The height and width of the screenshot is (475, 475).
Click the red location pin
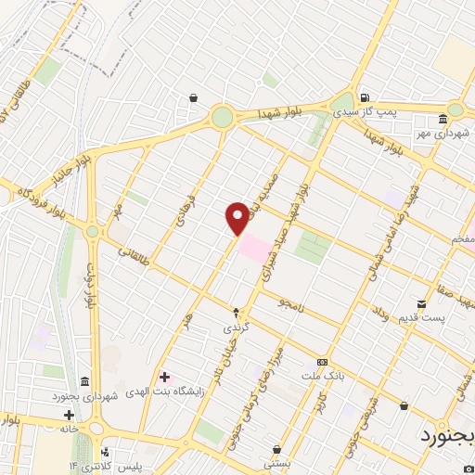(237, 217)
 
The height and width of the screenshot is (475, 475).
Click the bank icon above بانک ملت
(323, 362)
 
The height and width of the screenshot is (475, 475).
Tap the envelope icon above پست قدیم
(422, 303)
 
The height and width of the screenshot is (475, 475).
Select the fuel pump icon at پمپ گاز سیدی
(365, 97)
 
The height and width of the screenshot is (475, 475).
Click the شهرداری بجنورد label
(83, 396)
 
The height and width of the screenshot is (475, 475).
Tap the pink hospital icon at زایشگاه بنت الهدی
(164, 377)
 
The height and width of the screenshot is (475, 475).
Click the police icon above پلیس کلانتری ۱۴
(103, 453)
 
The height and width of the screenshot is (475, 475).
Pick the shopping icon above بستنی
(276, 449)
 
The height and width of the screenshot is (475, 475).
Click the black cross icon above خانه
(69, 415)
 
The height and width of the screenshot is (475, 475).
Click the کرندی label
(236, 328)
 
